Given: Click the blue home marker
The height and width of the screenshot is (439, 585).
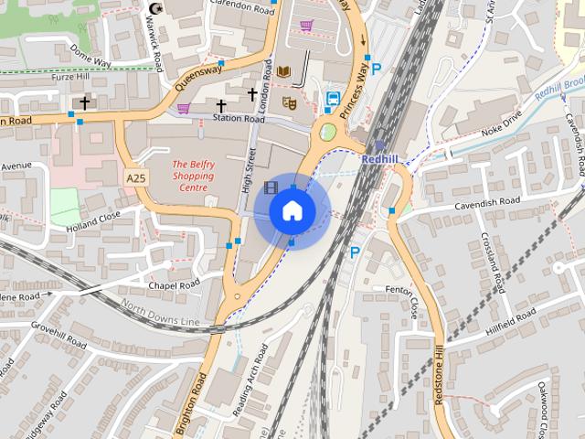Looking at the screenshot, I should click(292, 210).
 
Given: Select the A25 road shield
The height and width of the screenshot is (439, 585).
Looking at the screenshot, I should click(135, 176).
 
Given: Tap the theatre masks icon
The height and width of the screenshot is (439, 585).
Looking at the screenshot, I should click(289, 102).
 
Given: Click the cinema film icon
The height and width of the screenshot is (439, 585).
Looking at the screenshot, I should click(271, 187).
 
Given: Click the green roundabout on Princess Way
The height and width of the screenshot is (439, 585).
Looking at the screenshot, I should click(326, 133).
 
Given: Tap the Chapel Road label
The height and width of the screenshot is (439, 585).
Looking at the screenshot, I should click(175, 285).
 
